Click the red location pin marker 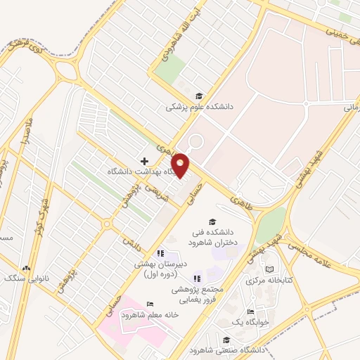pos(181,165)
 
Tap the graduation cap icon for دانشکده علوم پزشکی pos(199,96)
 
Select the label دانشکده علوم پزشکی pos(199,107)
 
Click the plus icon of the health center pos(145,161)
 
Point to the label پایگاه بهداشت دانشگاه pos(141,172)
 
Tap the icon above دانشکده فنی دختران pos(212,221)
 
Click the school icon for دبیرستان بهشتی pos(160,253)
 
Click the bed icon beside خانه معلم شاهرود pos(149,304)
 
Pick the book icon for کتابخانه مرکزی pos(270,269)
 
